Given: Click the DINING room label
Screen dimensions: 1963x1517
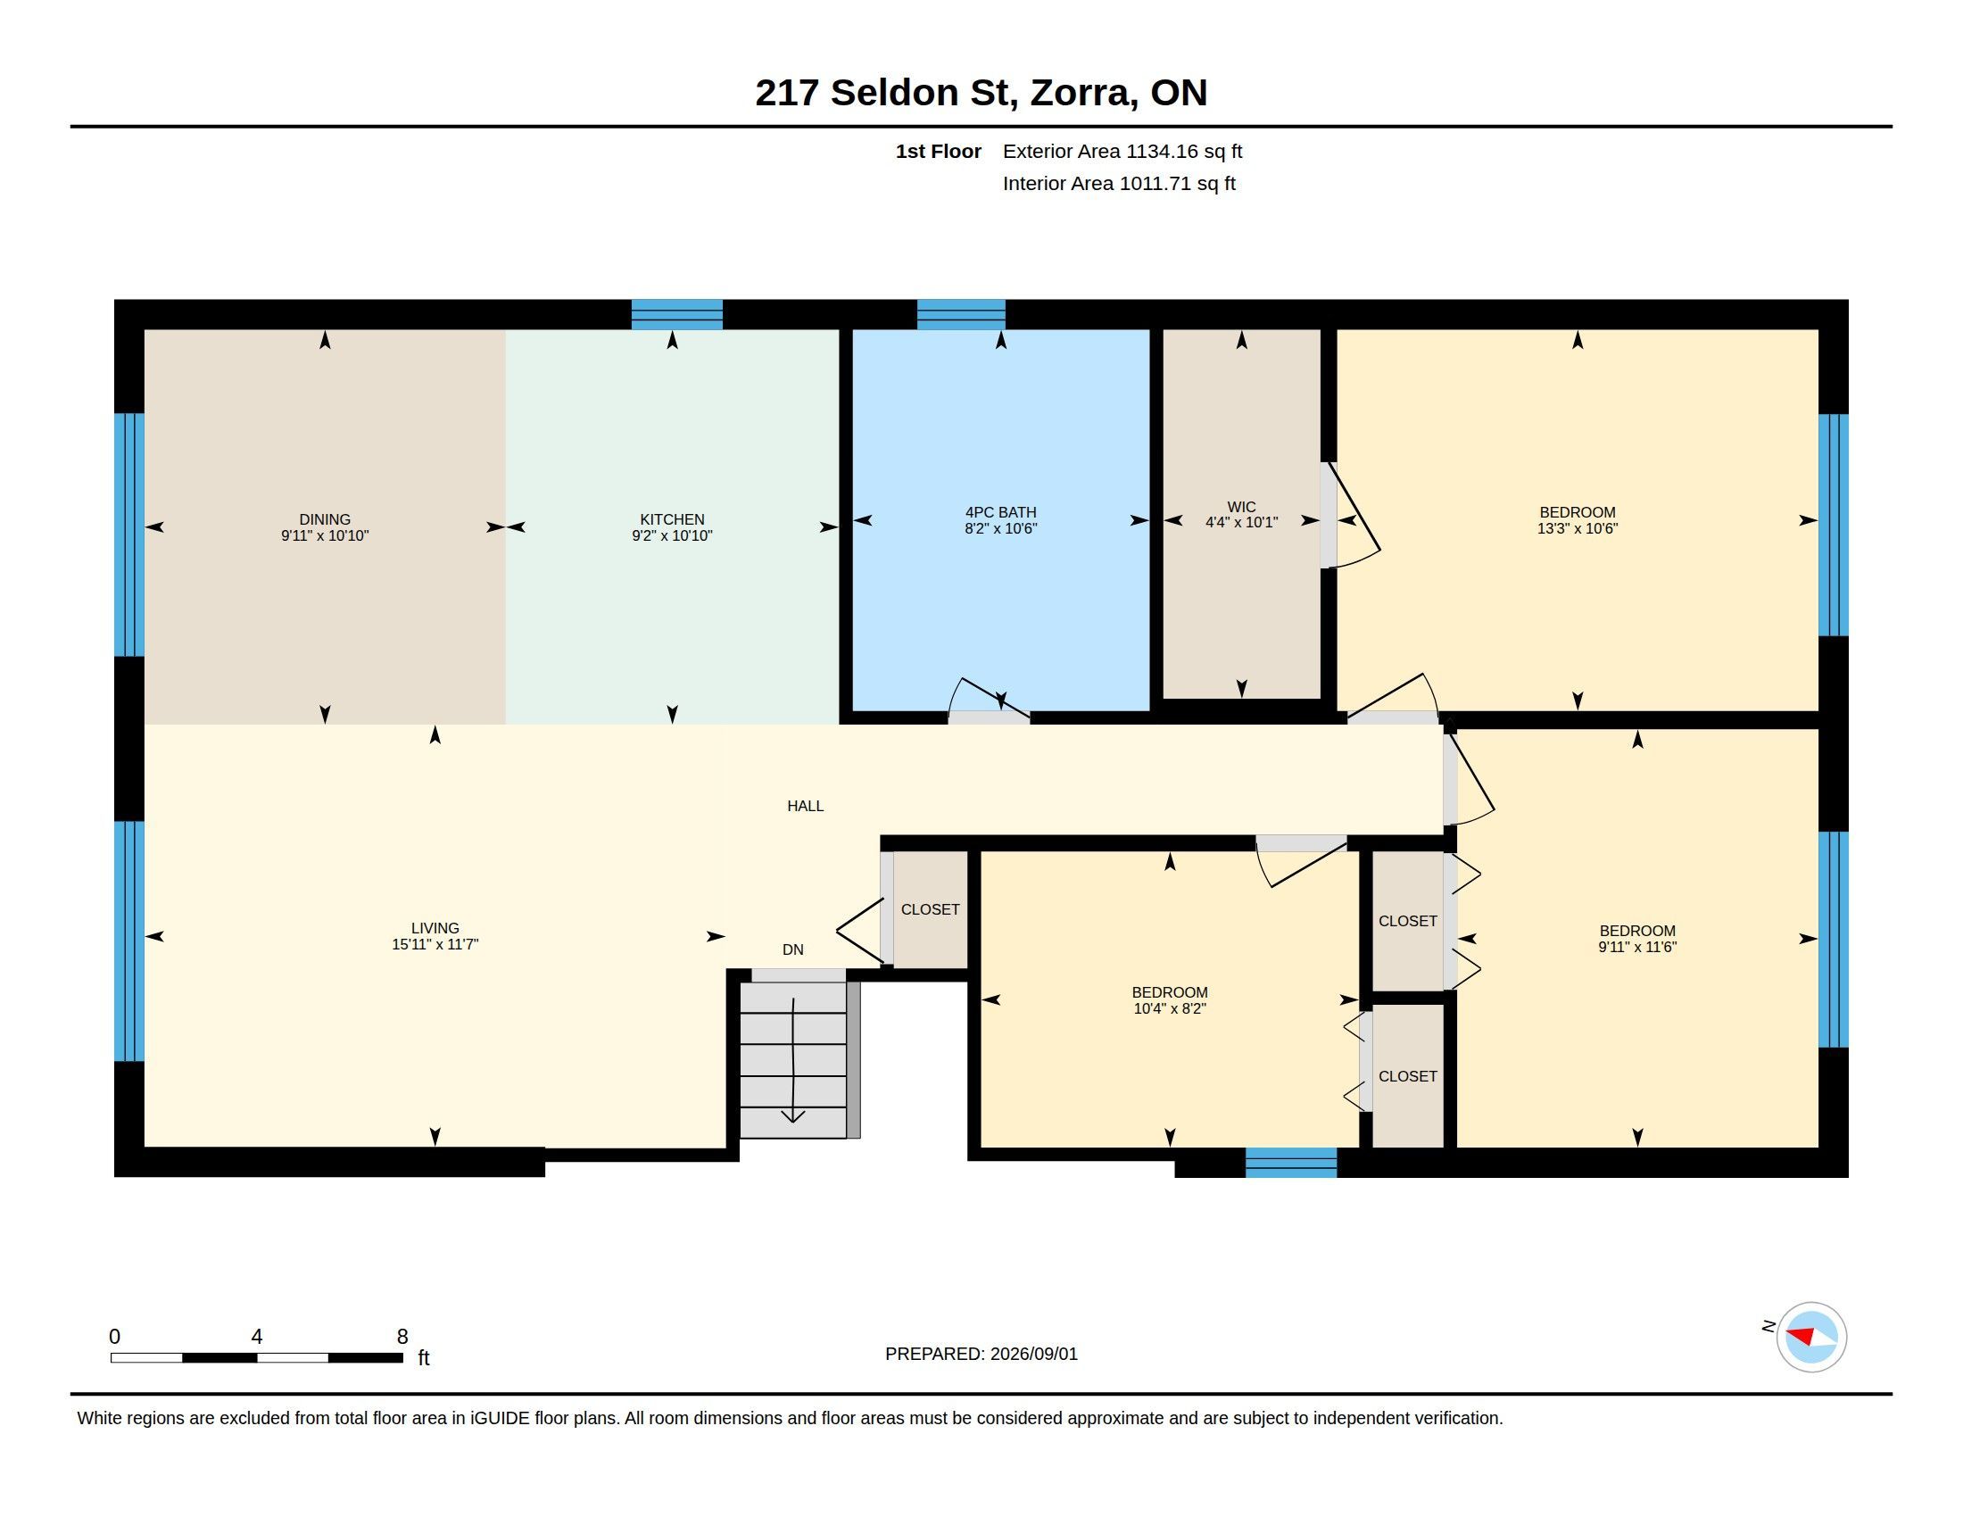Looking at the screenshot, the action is (x=325, y=519).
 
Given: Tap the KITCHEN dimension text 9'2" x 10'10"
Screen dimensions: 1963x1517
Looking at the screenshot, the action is (x=672, y=535).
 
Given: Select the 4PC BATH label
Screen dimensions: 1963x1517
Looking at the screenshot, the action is (x=1000, y=512).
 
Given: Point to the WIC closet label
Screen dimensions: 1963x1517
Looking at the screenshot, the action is (x=1241, y=507).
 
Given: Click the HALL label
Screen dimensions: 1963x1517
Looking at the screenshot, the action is (x=806, y=806).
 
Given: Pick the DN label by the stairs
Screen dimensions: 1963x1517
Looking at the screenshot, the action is (x=792, y=950).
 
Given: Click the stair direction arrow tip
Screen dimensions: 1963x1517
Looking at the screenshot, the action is (x=792, y=1123).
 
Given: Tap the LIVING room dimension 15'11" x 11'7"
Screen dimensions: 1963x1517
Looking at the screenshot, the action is (x=435, y=944).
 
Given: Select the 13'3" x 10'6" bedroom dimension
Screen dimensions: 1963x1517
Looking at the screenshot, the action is (x=1578, y=529).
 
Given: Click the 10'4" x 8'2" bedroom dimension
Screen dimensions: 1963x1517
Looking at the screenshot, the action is (x=1170, y=1009).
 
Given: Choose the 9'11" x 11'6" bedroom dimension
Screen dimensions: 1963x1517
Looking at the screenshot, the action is (x=1637, y=947).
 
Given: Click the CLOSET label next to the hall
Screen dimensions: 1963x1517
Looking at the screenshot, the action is (x=931, y=909).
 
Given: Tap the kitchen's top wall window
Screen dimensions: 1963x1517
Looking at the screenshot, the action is (x=677, y=314).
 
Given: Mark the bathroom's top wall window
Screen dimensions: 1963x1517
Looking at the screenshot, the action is (x=961, y=314).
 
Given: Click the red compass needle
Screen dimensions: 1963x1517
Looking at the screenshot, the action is (x=1801, y=1334).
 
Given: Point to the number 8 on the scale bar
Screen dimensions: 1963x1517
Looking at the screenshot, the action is (x=402, y=1337).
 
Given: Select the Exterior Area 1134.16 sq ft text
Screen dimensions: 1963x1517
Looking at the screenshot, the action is (x=1122, y=152).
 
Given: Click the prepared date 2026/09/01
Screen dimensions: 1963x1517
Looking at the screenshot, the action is (x=1033, y=1354).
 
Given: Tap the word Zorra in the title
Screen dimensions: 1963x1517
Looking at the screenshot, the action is (x=1081, y=93).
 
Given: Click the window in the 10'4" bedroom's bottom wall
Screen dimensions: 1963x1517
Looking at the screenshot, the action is (x=1291, y=1163).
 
